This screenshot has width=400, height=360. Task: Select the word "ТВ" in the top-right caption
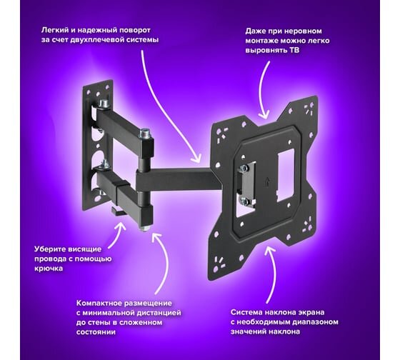(x=294, y=50)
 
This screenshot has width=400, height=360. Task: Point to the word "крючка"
(x=49, y=269)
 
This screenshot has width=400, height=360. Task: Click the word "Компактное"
(x=100, y=303)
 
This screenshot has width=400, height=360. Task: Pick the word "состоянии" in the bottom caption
(x=96, y=332)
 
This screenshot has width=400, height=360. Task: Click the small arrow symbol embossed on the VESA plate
(x=267, y=182)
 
